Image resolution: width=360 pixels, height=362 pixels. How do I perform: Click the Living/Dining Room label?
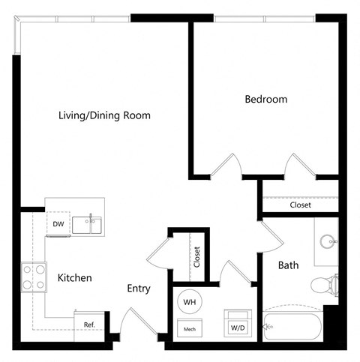pyautogui.click(x=105, y=116)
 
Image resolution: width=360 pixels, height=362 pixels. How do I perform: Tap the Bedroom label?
pyautogui.click(x=265, y=99)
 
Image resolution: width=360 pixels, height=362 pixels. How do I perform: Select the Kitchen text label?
pyautogui.click(x=75, y=278)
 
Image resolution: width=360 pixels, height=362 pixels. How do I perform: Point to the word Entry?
pyautogui.click(x=139, y=289)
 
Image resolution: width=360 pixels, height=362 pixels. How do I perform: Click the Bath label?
pyautogui.click(x=289, y=265)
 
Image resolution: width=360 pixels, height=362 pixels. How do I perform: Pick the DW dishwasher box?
pyautogui.click(x=58, y=224)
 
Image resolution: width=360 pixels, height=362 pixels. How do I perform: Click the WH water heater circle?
pyautogui.click(x=189, y=302)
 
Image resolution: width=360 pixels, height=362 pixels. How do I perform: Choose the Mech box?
pyautogui.click(x=189, y=327)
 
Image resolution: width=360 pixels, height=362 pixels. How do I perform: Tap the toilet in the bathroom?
pyautogui.click(x=322, y=284)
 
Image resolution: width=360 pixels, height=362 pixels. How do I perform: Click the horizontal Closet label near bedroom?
pyautogui.click(x=300, y=205)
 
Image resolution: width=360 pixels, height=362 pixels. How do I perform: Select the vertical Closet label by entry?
pyautogui.click(x=197, y=257)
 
